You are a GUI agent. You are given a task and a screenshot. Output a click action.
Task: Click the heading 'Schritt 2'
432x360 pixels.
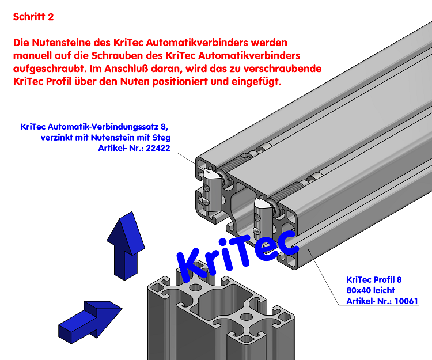(x=33, y=17)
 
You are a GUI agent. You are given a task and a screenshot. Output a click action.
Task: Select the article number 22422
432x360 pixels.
(x=159, y=149)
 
